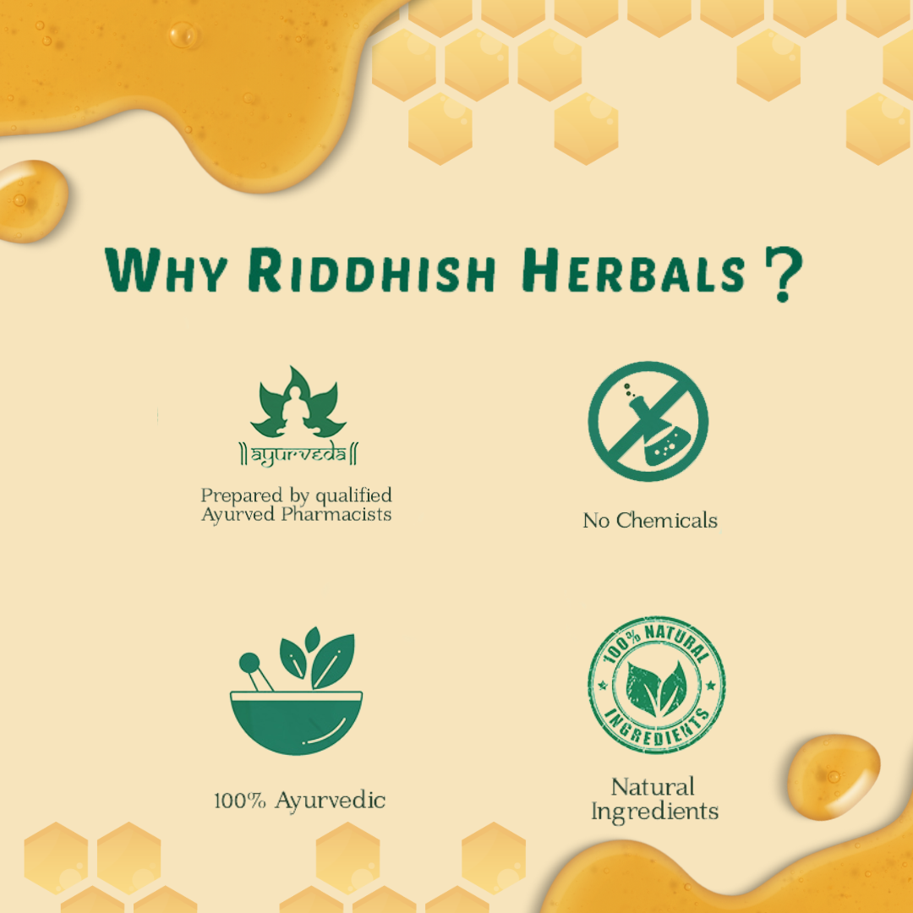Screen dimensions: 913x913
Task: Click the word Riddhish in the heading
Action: coord(372,271)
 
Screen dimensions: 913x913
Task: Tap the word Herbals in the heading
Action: coord(633,271)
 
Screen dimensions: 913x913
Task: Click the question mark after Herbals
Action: coord(784,274)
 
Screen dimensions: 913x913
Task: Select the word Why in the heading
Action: coord(167,271)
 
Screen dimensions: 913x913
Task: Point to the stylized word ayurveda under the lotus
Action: coord(298,454)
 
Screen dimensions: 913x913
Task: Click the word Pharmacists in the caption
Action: coord(336,514)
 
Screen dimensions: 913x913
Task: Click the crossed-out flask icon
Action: coord(648,421)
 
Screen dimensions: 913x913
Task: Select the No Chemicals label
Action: coord(650,520)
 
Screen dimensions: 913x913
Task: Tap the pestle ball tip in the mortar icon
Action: coord(249,663)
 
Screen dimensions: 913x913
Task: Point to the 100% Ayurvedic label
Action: coord(299,800)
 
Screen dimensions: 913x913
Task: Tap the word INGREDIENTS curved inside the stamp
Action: coord(657,729)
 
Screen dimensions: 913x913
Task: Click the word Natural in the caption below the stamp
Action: coord(653,787)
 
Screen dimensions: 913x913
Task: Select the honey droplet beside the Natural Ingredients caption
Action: coord(834,777)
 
